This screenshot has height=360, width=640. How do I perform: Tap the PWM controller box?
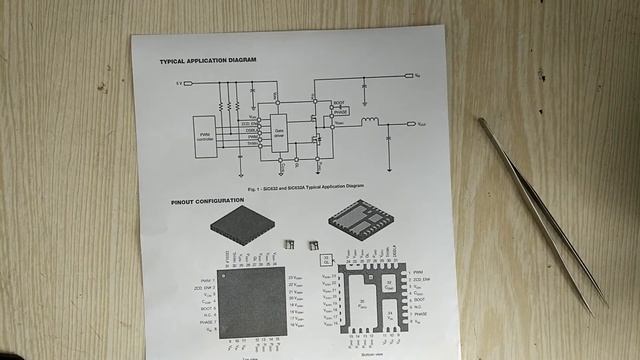coord(206,135)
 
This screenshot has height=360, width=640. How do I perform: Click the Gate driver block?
coord(279,132)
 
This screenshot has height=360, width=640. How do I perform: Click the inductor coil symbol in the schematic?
coord(369,123)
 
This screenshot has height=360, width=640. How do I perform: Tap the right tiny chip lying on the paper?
coord(312,243)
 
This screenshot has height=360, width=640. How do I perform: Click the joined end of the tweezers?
coord(482,122)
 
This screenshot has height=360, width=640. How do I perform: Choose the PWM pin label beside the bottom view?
coord(418,271)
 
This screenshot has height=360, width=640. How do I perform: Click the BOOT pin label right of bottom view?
coord(419,297)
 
